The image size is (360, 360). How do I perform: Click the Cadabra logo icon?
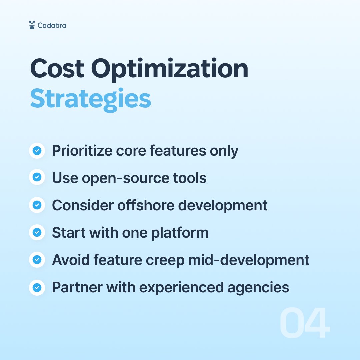[x=32, y=25]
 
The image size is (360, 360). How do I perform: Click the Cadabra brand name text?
[x=52, y=25]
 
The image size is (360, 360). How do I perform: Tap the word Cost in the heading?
[x=57, y=69]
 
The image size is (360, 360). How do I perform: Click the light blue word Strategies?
[x=90, y=99]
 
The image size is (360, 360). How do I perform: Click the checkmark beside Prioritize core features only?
[x=37, y=151]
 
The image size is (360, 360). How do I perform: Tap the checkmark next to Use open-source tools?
[x=37, y=178]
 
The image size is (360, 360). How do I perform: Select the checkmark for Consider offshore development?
[x=37, y=205]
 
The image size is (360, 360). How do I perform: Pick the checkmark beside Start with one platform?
[x=37, y=233]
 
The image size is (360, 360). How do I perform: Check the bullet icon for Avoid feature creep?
[x=37, y=260]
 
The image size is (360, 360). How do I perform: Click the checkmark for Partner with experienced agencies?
[x=37, y=287]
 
